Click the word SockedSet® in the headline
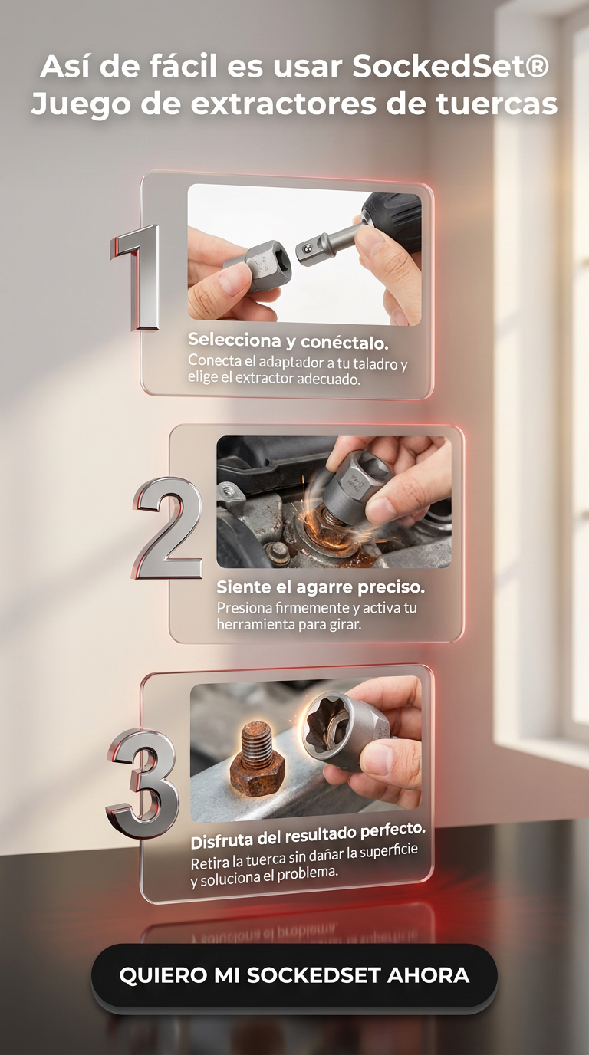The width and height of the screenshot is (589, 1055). (451, 67)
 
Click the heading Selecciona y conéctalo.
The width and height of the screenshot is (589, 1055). (288, 340)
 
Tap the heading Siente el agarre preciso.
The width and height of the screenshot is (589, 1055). (321, 587)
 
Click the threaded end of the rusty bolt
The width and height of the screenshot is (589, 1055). (257, 739)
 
